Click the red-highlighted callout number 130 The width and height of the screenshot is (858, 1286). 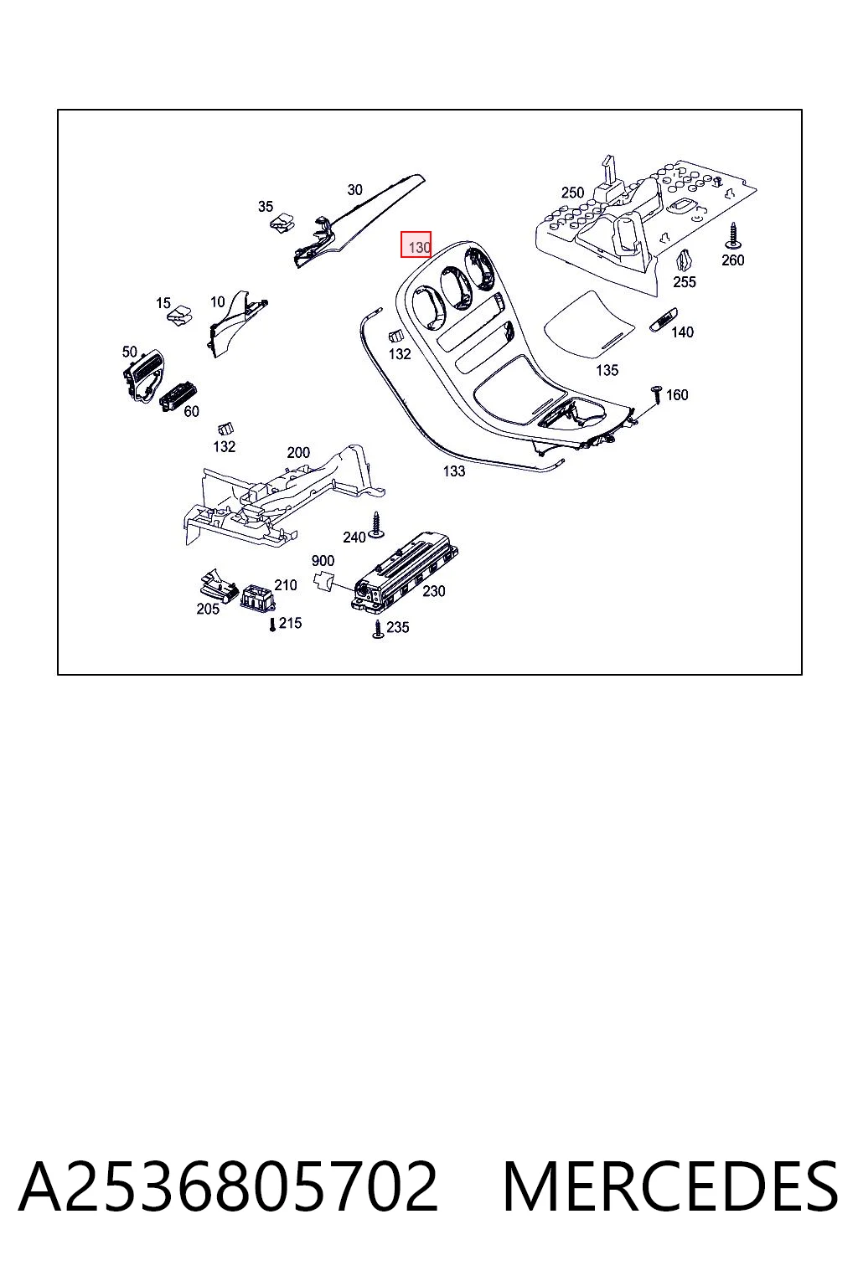tap(419, 248)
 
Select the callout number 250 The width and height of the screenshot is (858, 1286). tap(572, 193)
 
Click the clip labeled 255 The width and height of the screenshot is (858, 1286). tap(684, 261)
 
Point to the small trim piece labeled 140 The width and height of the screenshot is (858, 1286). tap(663, 320)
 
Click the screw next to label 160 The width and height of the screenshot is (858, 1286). tap(656, 396)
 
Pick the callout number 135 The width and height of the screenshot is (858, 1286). tap(607, 370)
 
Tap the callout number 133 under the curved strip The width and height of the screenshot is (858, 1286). tap(453, 471)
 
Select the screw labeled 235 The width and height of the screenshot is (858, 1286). tap(378, 630)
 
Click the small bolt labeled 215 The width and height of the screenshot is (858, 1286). tap(272, 625)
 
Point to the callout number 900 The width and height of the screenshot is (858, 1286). tap(323, 560)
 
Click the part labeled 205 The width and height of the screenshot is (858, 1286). tap(219, 585)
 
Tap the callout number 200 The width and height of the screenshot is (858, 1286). tap(298, 452)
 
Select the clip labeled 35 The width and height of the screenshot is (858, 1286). tap(282, 222)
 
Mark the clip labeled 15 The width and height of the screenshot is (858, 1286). tap(179, 314)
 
